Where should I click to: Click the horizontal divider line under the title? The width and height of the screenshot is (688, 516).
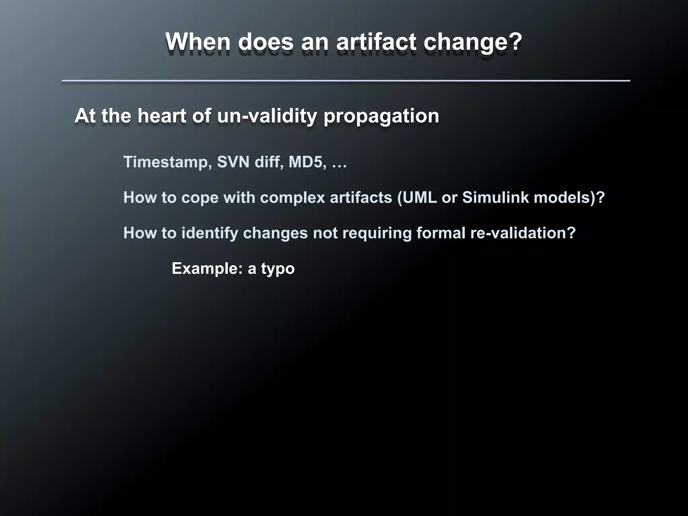tap(346, 81)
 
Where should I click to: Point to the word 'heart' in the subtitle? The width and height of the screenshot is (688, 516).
tap(162, 116)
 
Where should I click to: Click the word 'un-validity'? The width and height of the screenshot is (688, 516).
tap(267, 116)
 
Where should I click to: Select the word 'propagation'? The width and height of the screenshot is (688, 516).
tap(381, 117)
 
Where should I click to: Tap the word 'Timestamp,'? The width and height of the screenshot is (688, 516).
tap(167, 162)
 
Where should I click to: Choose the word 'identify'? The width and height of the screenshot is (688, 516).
tap(210, 233)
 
